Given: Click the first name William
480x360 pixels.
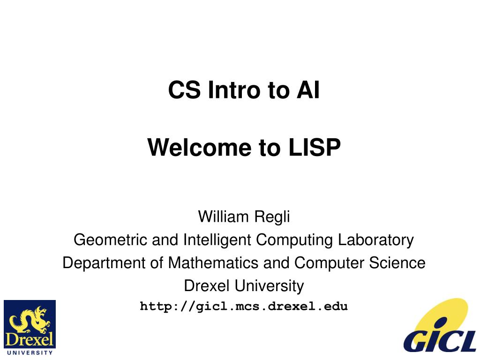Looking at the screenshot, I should click(x=223, y=217).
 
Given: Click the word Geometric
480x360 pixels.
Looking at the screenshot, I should click(x=111, y=240).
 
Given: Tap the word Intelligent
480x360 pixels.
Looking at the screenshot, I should click(x=217, y=240).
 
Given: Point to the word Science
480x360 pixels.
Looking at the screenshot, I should click(x=398, y=263).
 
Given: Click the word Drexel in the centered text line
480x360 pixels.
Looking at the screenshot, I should click(x=207, y=285).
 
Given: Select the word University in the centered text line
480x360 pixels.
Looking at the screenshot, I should click(x=269, y=285).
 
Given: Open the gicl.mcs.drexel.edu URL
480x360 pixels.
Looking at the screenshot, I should click(x=244, y=307).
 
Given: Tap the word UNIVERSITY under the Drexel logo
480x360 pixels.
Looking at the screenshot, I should click(x=30, y=352).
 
